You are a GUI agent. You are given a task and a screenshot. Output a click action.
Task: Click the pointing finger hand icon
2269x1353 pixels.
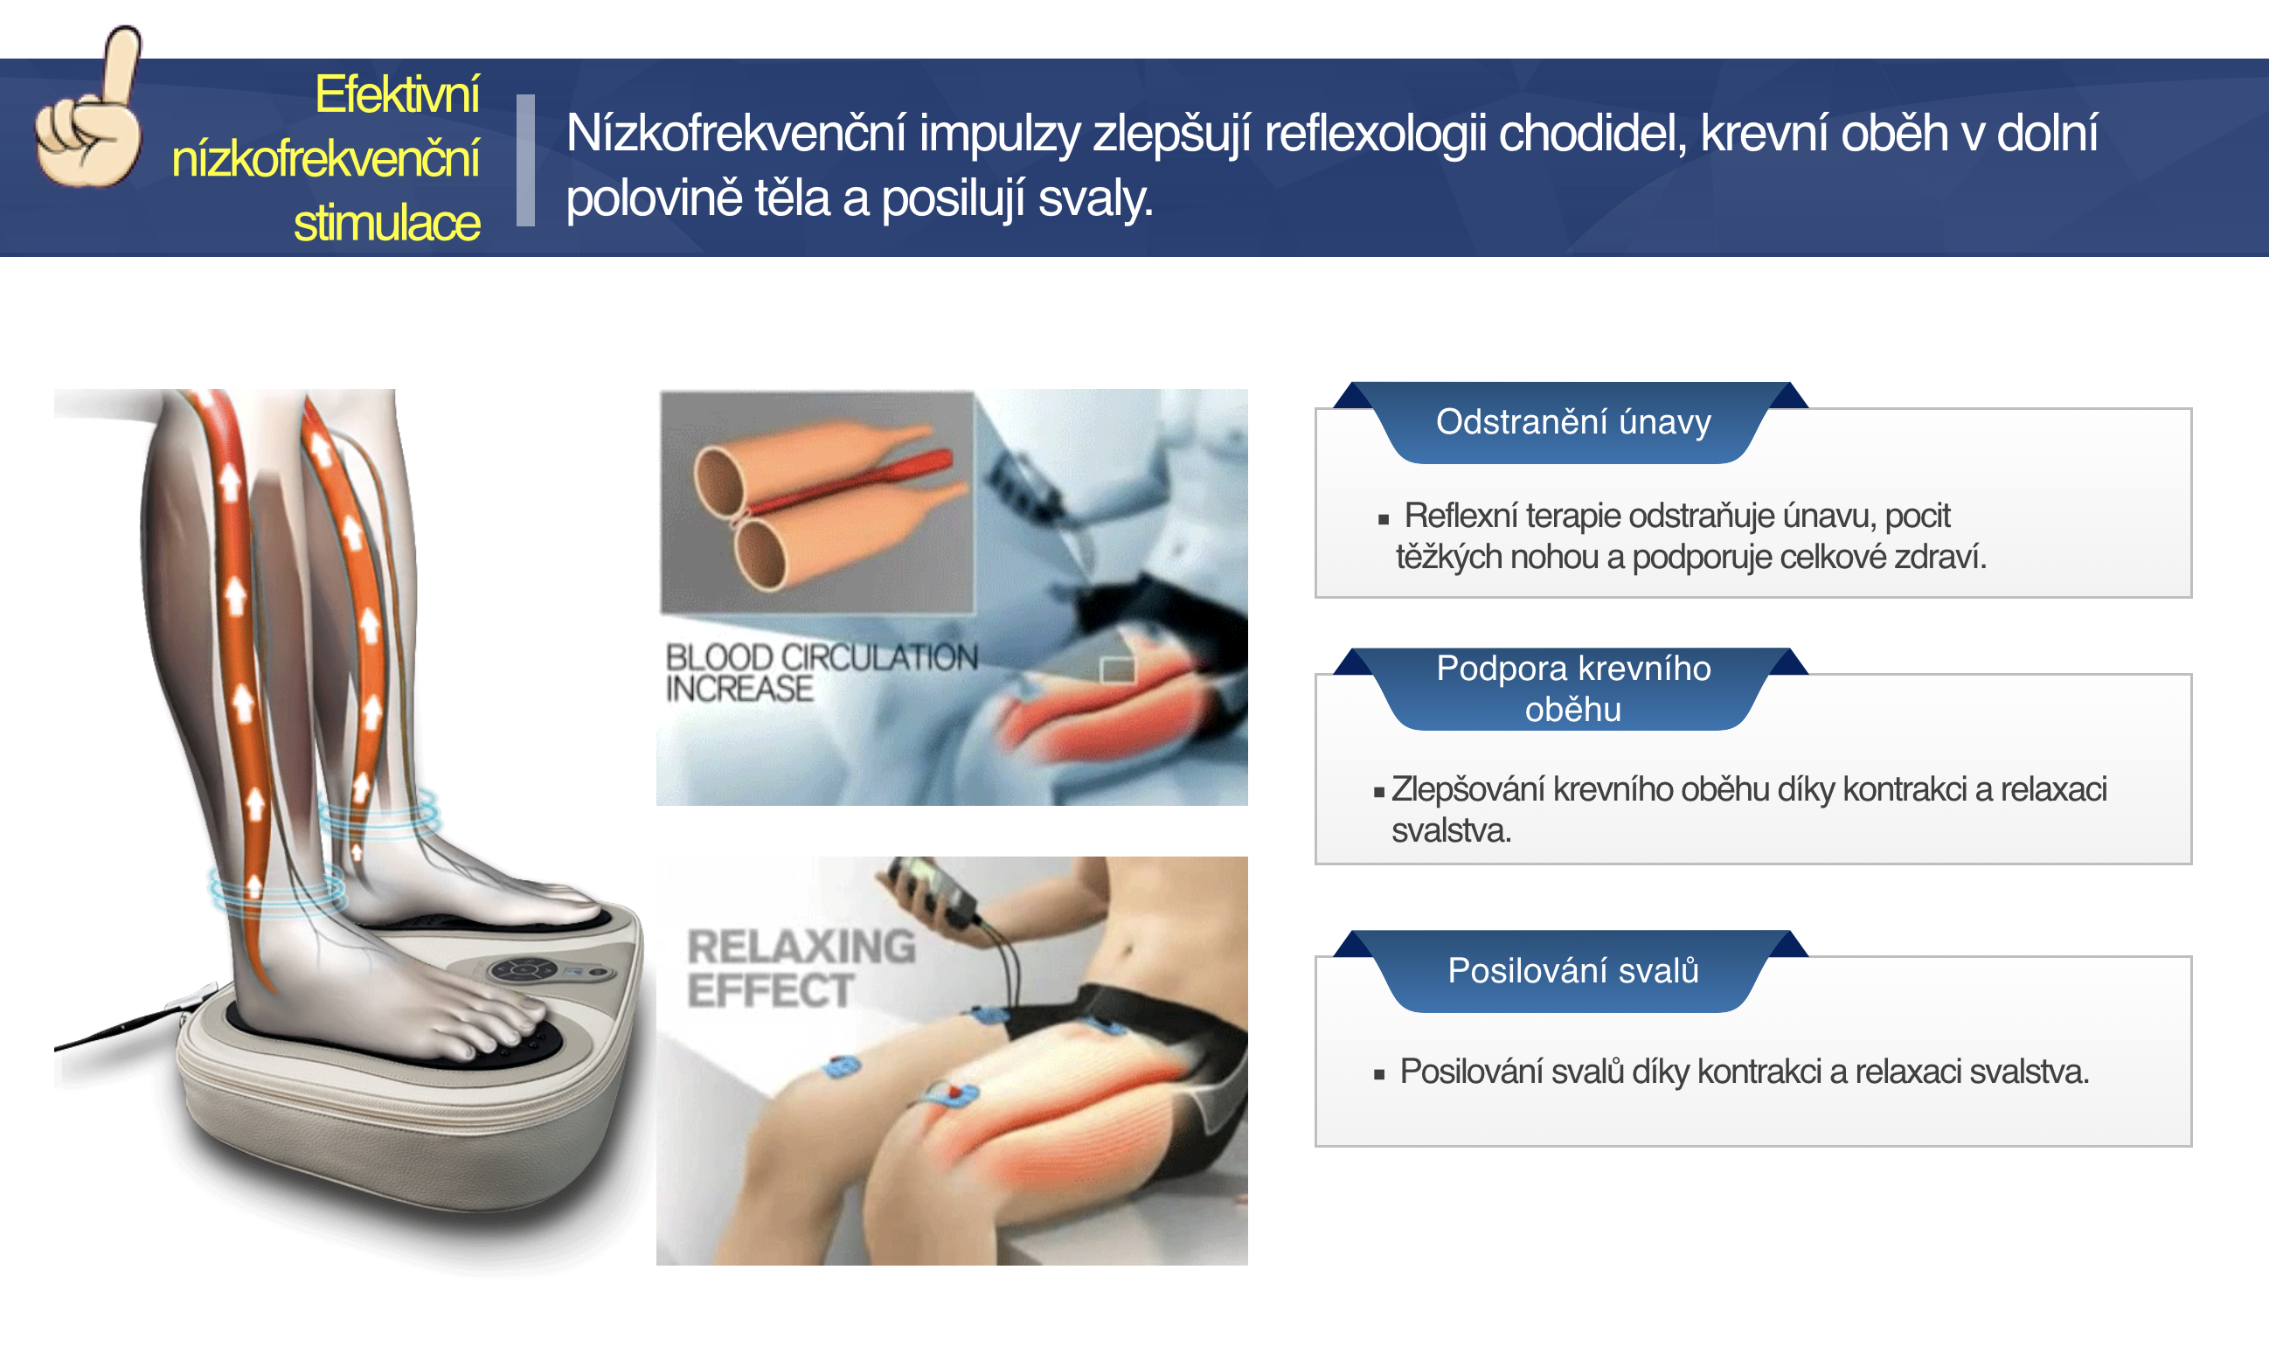[x=89, y=109]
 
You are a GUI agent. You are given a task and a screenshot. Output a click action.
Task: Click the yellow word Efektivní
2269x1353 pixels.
[x=397, y=94]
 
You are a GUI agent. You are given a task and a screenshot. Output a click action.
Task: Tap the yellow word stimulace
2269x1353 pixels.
[x=386, y=223]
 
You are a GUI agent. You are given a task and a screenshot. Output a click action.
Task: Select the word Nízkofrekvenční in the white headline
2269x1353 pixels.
[x=736, y=133]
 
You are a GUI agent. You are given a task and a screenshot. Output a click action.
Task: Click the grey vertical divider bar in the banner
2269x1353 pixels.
[x=525, y=160]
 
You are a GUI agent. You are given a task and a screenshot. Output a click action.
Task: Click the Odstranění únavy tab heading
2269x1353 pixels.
[x=1572, y=422]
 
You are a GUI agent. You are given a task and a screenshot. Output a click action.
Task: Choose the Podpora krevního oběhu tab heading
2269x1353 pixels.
[x=1572, y=689]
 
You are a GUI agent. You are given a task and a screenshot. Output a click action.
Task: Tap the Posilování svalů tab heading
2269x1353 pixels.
[x=1572, y=971]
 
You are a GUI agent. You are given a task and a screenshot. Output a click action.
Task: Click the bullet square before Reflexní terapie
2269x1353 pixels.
[x=1383, y=520]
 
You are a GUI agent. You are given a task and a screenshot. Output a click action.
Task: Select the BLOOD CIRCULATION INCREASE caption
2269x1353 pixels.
[x=821, y=673]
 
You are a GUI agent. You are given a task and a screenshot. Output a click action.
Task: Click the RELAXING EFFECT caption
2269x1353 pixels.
[x=801, y=968]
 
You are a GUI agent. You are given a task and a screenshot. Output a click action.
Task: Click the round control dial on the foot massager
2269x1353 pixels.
[x=523, y=969]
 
